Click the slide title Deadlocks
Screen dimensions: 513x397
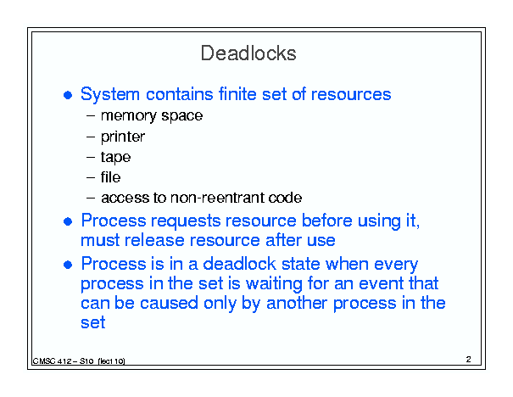248,53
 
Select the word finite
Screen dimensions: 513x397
237,94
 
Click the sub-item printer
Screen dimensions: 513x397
123,137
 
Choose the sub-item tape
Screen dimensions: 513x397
115,158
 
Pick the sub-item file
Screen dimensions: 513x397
110,177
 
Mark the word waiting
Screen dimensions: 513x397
274,284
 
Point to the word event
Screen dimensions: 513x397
382,283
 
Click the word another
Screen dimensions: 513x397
297,303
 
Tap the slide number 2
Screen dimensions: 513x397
469,360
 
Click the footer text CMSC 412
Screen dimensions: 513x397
52,361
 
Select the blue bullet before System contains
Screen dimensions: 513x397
68,95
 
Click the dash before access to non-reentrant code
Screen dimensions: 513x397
91,198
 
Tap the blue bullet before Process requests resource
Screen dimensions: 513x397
68,221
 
